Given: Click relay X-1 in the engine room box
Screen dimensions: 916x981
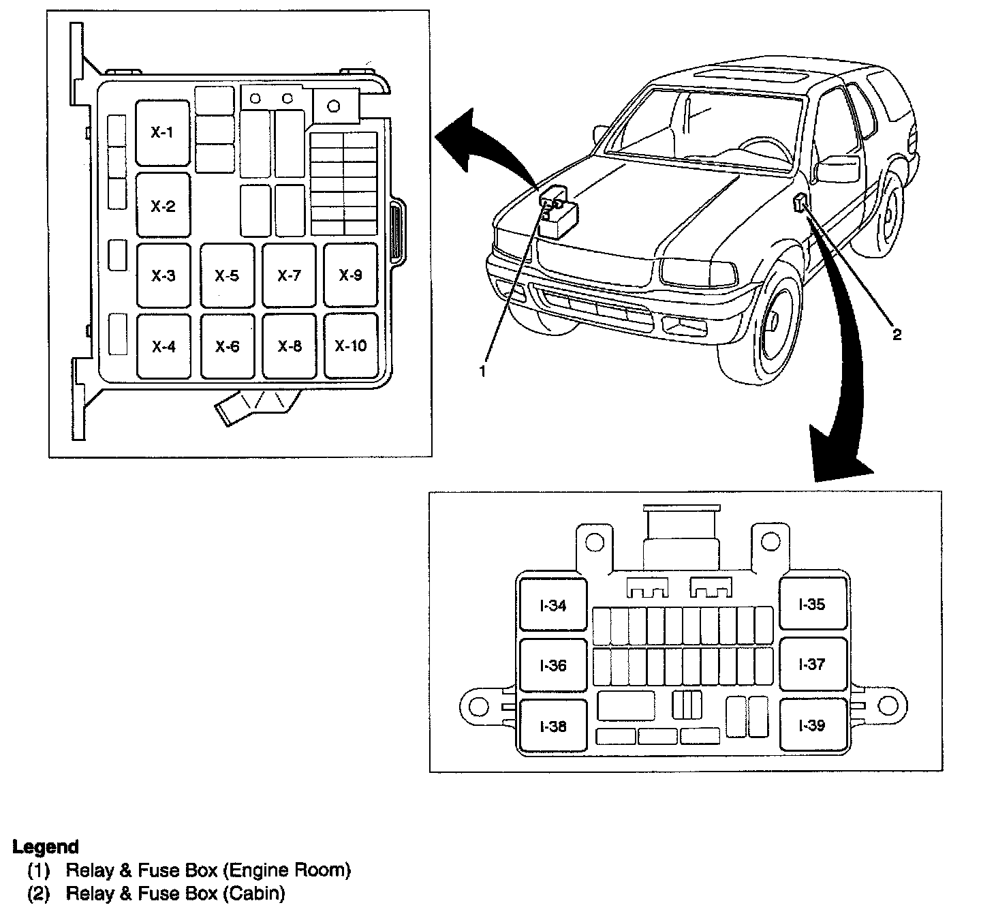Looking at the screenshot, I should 162,133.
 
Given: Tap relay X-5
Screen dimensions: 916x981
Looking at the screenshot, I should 227,275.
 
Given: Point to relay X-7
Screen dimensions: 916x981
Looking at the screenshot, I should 289,275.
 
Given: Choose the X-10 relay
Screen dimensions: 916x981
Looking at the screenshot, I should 351,346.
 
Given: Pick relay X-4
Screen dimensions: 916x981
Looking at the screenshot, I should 163,346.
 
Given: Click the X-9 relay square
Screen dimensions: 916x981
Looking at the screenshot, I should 351,275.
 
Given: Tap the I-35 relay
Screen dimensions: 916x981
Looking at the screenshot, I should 812,604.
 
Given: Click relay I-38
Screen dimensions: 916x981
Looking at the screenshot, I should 552,727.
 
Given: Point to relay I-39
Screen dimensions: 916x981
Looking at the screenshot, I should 812,725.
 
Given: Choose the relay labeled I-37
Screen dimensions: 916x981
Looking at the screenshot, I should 812,664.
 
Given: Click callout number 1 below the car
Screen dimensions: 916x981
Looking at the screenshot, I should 483,371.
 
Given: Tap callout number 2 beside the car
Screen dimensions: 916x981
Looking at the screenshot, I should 897,334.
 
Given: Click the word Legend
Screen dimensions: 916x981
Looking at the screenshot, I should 46,847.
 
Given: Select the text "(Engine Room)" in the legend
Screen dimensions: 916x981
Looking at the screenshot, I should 287,870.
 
